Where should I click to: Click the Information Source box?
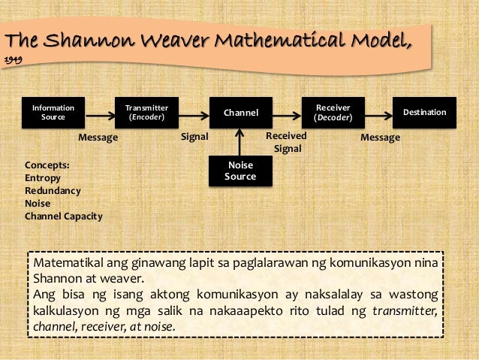tap(53, 113)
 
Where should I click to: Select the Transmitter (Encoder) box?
tap(146, 113)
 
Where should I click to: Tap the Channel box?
tap(240, 113)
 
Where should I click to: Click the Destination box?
tap(425, 113)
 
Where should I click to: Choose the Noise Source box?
tap(240, 171)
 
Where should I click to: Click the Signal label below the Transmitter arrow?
tap(194, 138)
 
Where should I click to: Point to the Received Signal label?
tap(287, 143)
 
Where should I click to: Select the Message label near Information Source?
tap(98, 138)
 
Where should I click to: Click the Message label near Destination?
tap(381, 138)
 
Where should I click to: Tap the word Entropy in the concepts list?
tap(43, 177)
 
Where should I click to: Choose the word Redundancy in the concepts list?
tap(53, 190)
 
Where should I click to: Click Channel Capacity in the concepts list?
tap(63, 216)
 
